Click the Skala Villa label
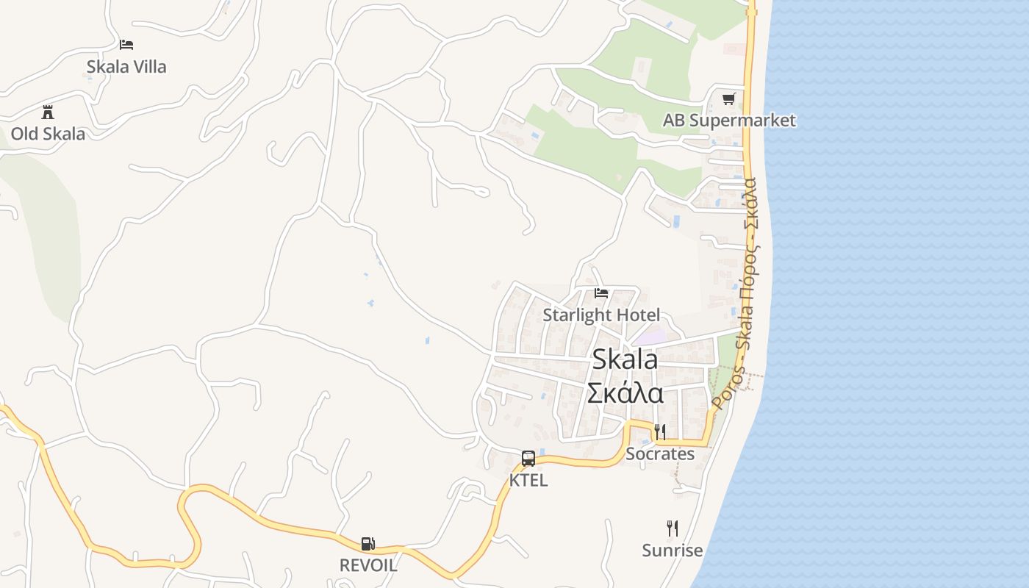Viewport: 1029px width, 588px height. click(x=126, y=67)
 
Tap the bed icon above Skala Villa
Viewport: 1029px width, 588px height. click(x=126, y=44)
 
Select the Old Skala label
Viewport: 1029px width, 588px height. click(x=48, y=134)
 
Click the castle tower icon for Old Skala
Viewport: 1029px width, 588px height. click(x=48, y=112)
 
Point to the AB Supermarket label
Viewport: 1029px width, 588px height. click(x=729, y=121)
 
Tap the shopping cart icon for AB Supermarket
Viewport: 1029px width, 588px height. click(x=728, y=98)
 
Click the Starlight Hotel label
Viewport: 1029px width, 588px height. click(x=601, y=315)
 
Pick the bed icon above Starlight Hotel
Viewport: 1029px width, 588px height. click(x=601, y=293)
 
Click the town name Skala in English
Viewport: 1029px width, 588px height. click(x=625, y=359)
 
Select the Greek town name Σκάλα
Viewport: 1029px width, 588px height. click(x=625, y=393)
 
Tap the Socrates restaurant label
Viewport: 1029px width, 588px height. click(x=660, y=454)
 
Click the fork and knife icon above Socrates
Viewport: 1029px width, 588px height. click(x=660, y=431)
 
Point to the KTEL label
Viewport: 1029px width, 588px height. click(x=528, y=481)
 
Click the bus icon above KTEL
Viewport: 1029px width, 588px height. click(x=528, y=459)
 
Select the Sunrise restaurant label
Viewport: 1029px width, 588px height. click(x=672, y=551)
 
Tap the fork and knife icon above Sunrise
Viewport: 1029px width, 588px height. click(x=672, y=528)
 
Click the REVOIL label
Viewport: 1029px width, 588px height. click(x=368, y=565)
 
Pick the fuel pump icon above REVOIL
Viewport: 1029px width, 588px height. click(x=368, y=544)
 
